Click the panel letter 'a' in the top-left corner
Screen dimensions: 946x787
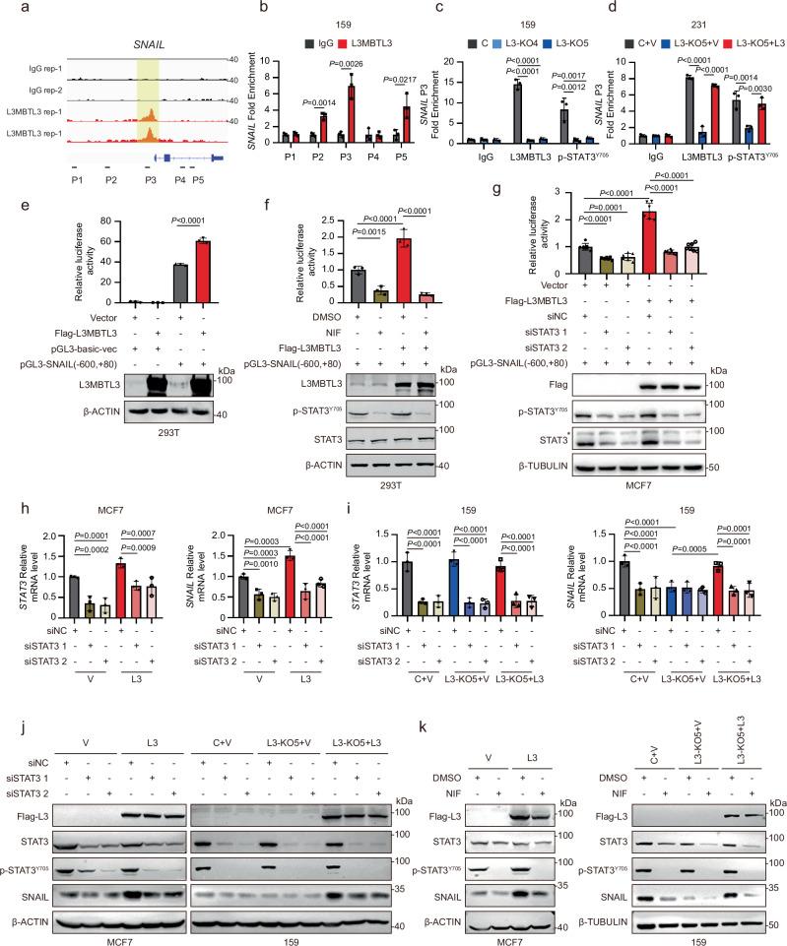click(8, 8)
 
